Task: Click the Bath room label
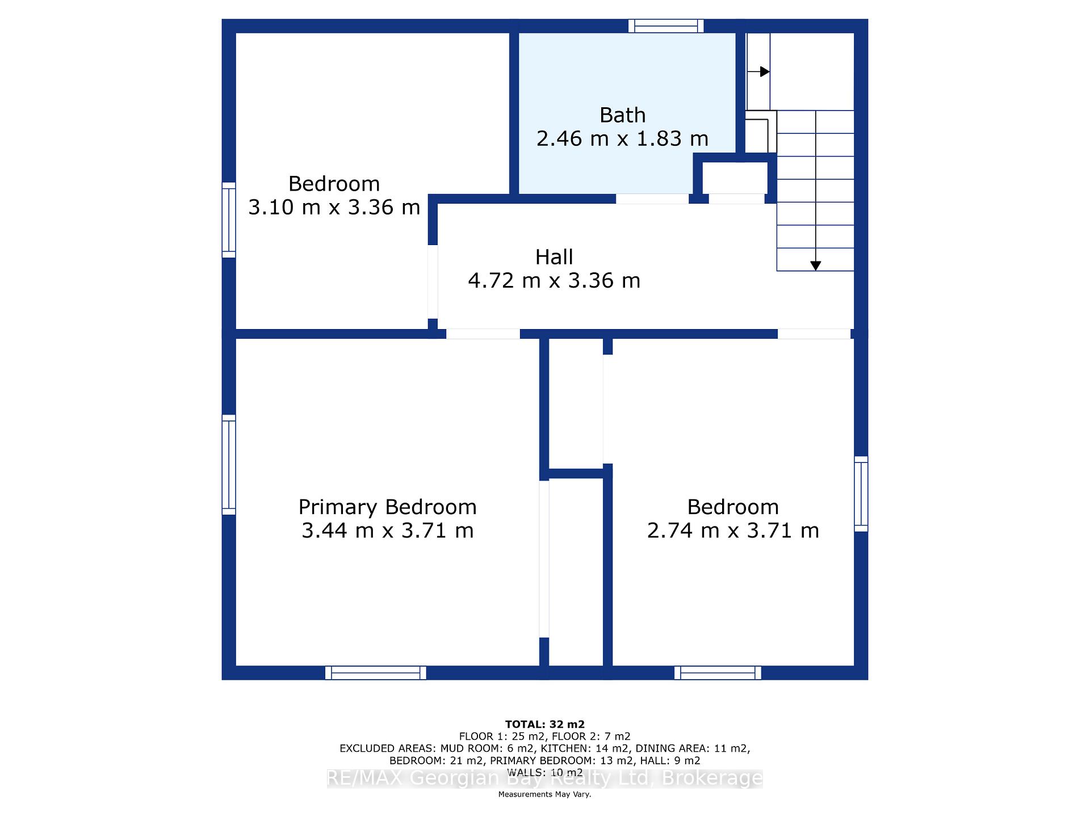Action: pos(622,115)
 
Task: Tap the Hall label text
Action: pos(554,257)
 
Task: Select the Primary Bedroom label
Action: pos(387,507)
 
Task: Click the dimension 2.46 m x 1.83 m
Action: pos(622,138)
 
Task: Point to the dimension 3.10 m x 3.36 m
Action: pos(334,207)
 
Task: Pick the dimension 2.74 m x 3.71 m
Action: pos(733,530)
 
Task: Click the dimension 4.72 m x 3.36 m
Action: pos(554,280)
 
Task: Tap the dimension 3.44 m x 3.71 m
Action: pos(387,530)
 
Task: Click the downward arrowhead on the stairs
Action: pos(816,266)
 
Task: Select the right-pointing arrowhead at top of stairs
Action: pos(765,72)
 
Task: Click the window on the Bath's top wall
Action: pos(666,26)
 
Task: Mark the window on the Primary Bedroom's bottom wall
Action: pos(376,673)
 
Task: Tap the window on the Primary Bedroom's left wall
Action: pos(229,465)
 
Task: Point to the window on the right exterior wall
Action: pos(861,494)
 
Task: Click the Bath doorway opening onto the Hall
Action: pos(652,199)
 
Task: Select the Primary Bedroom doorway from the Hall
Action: pos(483,334)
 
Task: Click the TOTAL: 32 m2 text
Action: pos(545,725)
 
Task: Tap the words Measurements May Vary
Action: pos(545,794)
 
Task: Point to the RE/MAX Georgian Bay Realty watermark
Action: pos(545,778)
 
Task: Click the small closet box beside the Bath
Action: pos(735,178)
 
